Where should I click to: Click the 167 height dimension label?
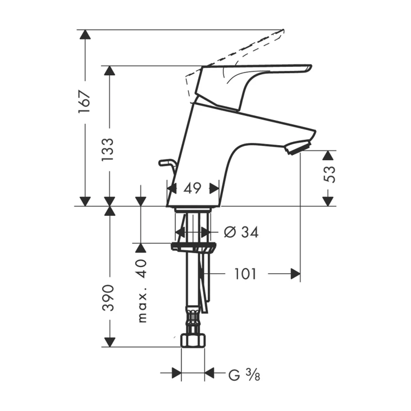click(x=85, y=102)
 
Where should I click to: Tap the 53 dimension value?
click(x=330, y=174)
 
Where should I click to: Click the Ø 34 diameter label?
click(x=241, y=232)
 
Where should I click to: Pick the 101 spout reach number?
click(x=245, y=274)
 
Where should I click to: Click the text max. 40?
click(x=142, y=291)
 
